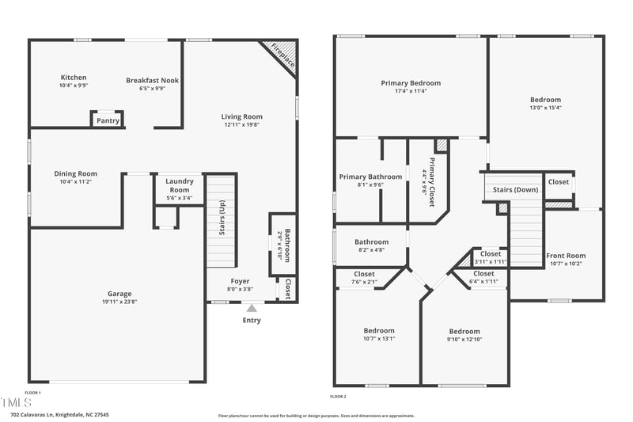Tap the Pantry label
108,121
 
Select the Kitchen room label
74,78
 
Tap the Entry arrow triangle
252,308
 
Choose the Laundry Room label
180,185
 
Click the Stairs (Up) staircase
222,222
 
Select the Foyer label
240,281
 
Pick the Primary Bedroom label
411,83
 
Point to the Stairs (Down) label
515,190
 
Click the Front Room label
566,256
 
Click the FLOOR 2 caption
338,396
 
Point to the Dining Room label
75,174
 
